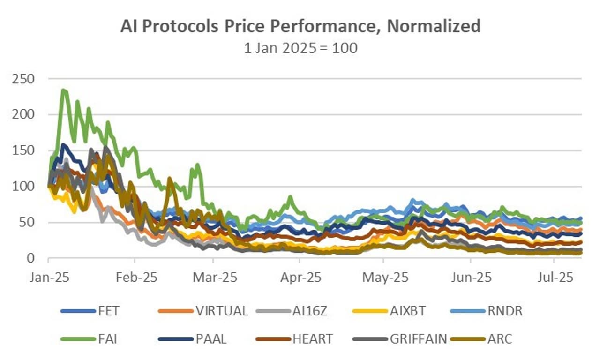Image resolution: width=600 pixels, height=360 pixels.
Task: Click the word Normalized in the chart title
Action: click(x=433, y=26)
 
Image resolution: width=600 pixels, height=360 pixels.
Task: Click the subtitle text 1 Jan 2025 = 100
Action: click(x=300, y=48)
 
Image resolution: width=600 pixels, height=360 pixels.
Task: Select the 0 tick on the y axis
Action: click(x=31, y=258)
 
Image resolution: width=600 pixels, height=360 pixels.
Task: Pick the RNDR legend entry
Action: click(x=504, y=311)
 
